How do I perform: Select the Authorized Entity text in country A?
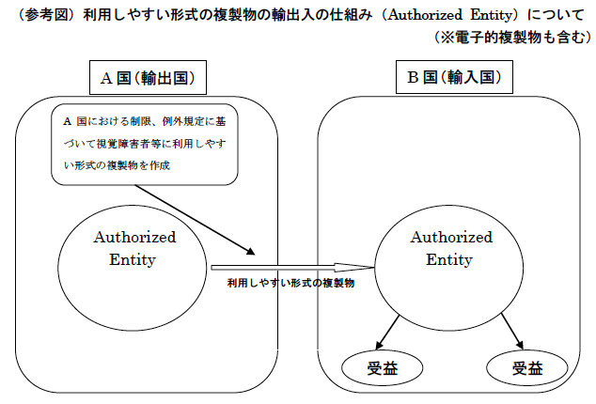(x=134, y=248)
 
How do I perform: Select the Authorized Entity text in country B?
(x=451, y=248)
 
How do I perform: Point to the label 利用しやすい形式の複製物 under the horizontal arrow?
(x=290, y=283)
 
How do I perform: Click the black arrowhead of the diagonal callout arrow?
(x=250, y=251)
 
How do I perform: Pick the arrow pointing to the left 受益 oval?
(x=387, y=333)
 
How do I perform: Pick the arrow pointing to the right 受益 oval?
(x=512, y=331)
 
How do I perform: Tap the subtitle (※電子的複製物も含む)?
(x=513, y=38)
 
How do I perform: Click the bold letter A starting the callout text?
(x=68, y=121)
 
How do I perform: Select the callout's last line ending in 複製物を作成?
(x=117, y=165)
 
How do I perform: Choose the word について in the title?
(x=556, y=15)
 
